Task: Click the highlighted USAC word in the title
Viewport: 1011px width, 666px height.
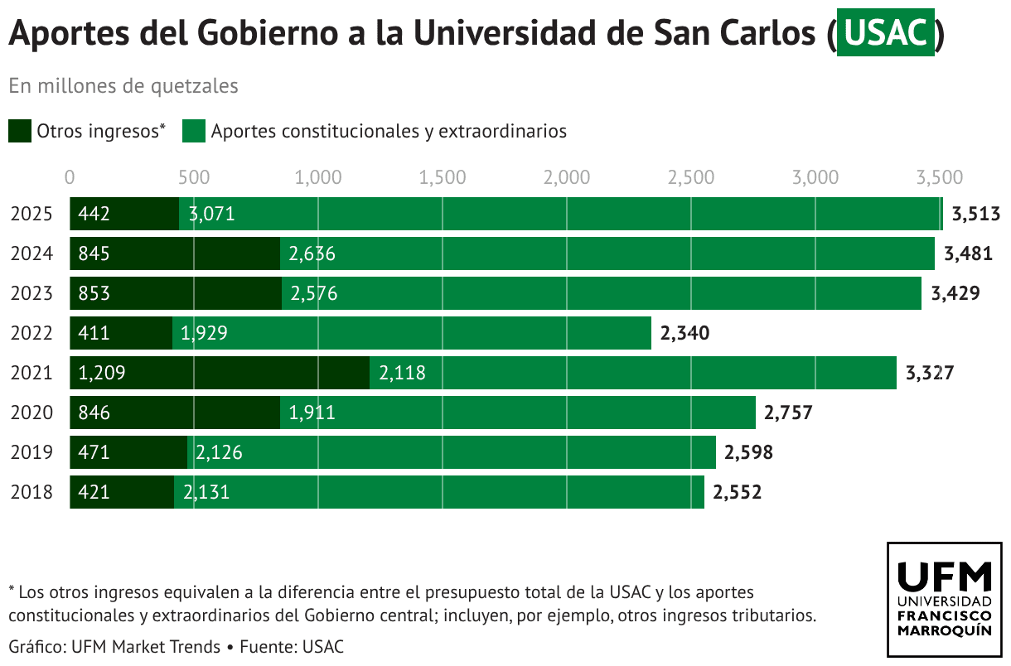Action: (885, 34)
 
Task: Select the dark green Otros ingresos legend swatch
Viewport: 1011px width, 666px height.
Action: (20, 131)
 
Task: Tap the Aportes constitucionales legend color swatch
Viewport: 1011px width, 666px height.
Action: (194, 131)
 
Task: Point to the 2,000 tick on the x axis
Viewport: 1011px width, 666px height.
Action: (567, 177)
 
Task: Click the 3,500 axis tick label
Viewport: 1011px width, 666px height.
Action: (940, 177)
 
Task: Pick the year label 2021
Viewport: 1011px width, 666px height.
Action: (31, 373)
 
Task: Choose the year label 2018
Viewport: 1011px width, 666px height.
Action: (31, 492)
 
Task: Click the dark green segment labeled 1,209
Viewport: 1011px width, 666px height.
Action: (220, 373)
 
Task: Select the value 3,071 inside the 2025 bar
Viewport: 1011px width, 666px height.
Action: (212, 214)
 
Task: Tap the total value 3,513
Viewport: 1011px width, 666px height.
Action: (976, 214)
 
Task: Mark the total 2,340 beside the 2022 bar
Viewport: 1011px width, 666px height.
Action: (684, 333)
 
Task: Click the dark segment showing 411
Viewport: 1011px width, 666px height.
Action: (121, 333)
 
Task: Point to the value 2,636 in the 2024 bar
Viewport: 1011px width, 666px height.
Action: (312, 253)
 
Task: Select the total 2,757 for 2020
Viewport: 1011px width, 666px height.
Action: (788, 413)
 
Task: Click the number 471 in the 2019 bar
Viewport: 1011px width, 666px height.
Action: (94, 452)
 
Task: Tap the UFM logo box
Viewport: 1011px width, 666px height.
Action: (944, 600)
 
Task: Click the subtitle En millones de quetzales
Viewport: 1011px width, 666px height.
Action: (123, 85)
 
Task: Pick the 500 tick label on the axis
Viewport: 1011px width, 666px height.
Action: (194, 177)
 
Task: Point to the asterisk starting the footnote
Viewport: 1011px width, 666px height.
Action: (12, 590)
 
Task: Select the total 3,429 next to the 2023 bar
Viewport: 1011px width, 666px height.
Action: (955, 293)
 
